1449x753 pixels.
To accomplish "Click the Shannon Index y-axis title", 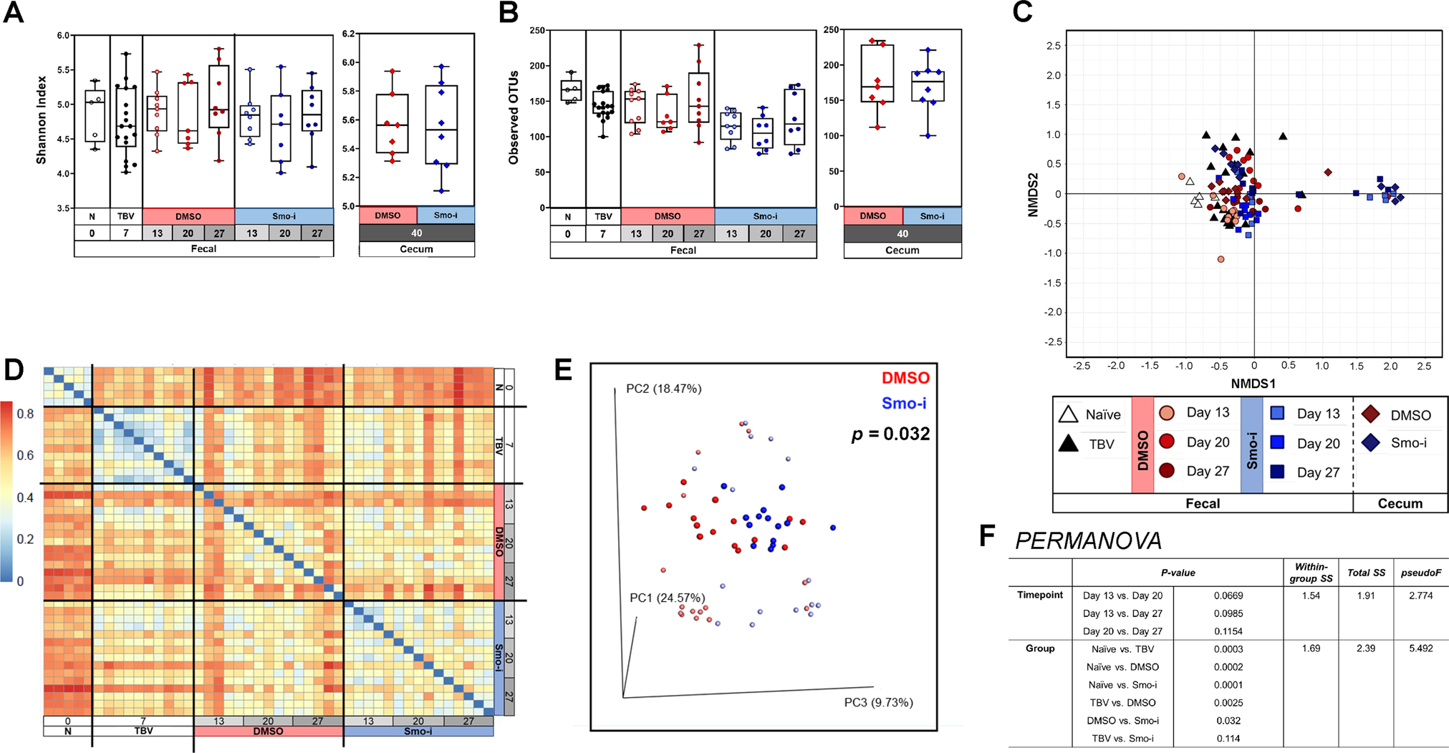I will click(42, 120).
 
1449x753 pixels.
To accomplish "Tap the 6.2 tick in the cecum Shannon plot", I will click(349, 34).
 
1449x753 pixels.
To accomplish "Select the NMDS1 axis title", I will click(1253, 384).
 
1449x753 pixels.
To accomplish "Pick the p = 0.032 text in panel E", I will click(890, 434).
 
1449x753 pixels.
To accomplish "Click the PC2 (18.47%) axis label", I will click(663, 389).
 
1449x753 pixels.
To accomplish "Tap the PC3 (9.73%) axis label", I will click(878, 702).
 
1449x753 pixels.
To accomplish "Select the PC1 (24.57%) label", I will click(667, 598).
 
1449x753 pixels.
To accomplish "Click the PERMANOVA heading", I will click(1088, 540).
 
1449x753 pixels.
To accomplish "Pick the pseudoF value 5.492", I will click(1420, 648).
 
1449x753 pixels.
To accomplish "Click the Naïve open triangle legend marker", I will click(1068, 414).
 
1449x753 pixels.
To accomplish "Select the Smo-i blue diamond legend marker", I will click(1371, 443).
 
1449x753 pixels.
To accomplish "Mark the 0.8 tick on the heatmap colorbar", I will click(25, 414).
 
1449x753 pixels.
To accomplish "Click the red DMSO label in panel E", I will click(905, 378).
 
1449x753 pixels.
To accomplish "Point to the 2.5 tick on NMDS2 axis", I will click(1049, 46).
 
